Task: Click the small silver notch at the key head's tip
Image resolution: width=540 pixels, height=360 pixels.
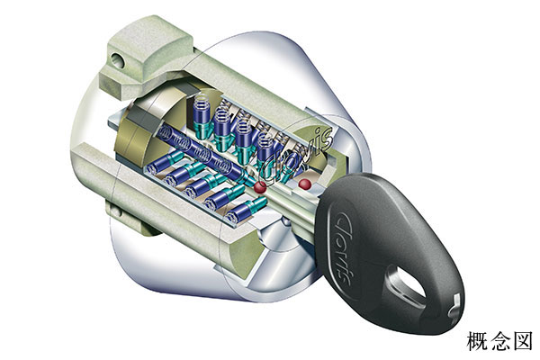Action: pyautogui.click(x=454, y=306)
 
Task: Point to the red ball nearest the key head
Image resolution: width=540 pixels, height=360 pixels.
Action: pyautogui.click(x=305, y=184)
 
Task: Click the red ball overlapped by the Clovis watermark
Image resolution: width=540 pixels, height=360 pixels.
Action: pyautogui.click(x=260, y=187)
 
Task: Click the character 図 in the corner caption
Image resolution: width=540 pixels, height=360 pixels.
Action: pyautogui.click(x=522, y=341)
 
